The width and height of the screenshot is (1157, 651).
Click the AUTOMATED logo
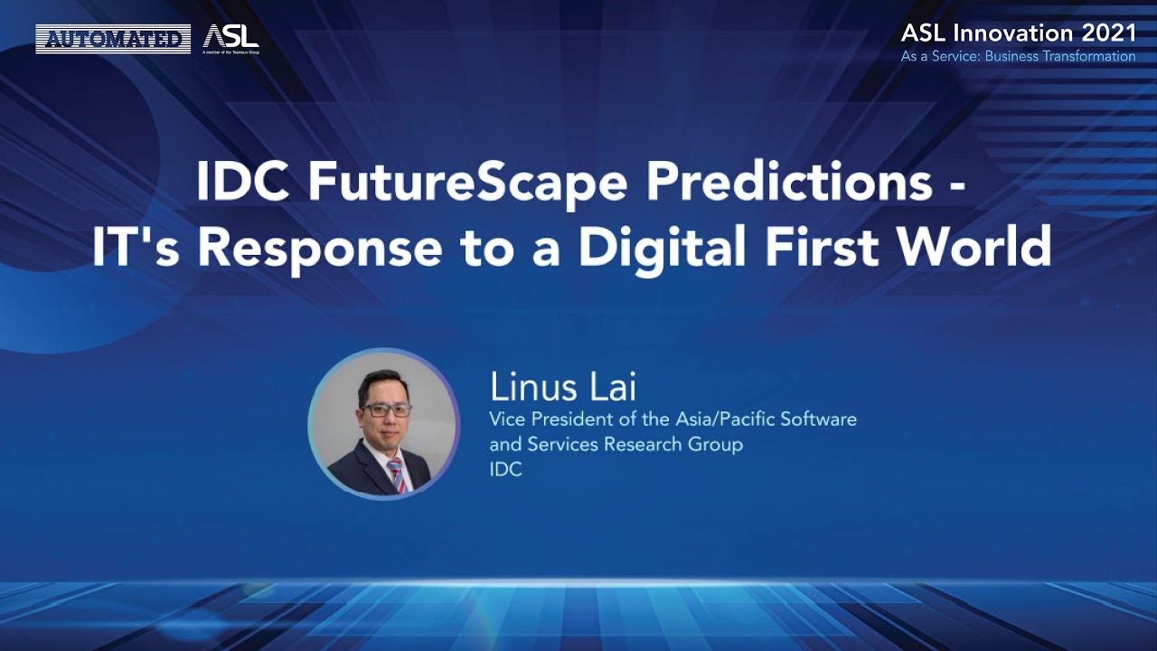click(x=113, y=39)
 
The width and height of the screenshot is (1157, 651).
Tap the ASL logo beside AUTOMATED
click(x=231, y=38)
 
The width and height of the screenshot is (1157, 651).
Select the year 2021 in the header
click(x=1104, y=33)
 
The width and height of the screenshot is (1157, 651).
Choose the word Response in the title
click(x=328, y=246)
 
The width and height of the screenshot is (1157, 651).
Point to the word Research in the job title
click(x=649, y=445)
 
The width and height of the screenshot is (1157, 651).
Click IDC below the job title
click(x=505, y=470)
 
